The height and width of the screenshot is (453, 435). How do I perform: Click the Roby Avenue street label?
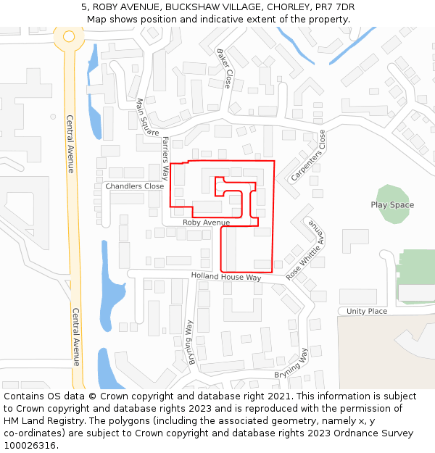(x=206, y=223)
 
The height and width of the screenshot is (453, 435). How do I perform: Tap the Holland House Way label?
(x=225, y=277)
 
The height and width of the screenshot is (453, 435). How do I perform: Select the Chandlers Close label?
(x=135, y=186)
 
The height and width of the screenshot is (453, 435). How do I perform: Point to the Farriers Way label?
(x=165, y=157)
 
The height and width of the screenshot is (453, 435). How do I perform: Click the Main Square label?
(x=147, y=117)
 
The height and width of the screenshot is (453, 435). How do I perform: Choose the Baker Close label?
(x=225, y=69)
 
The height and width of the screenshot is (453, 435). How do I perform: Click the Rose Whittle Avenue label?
(x=306, y=251)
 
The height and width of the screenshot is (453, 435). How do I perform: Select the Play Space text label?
(x=392, y=205)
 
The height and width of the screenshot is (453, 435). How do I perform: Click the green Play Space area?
(x=392, y=194)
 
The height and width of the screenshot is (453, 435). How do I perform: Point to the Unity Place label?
(x=367, y=311)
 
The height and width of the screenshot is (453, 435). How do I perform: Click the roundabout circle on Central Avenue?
(x=69, y=36)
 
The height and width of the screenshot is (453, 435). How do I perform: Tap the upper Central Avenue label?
(x=70, y=144)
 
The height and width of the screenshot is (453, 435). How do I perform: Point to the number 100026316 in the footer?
(x=30, y=445)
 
